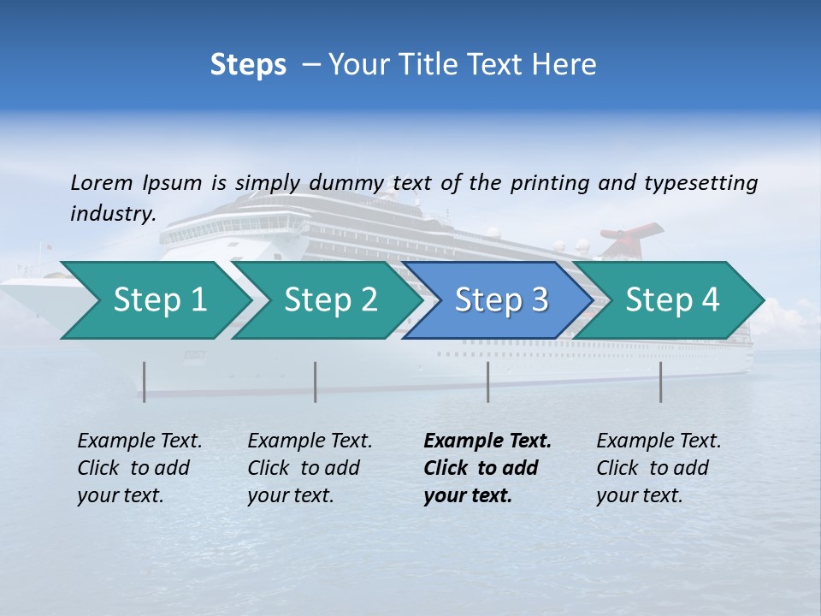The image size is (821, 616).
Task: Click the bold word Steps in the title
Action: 248,65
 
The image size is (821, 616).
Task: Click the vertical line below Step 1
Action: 145,382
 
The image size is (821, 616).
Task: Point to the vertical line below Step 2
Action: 316,382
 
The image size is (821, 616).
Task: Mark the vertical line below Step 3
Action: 488,382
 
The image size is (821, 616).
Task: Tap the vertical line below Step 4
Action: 660,382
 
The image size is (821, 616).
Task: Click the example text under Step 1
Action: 139,468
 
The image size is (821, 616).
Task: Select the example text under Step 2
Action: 310,468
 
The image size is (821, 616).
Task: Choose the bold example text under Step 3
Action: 487,468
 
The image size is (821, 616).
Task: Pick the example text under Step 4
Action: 659,468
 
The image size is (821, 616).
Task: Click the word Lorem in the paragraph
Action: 101,183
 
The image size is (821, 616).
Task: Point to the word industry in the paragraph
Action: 112,214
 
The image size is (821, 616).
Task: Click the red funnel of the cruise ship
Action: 631,238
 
